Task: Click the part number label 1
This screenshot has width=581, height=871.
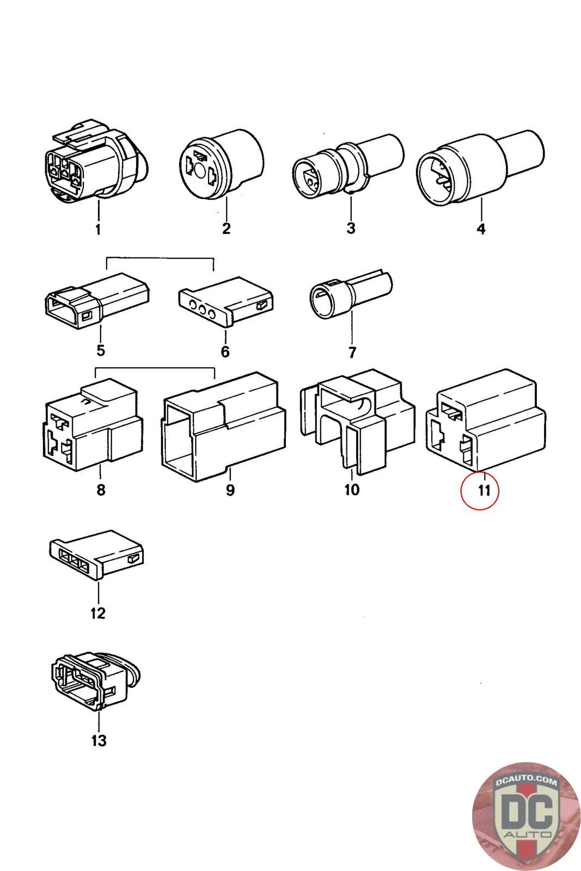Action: point(98,230)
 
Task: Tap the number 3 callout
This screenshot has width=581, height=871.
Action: point(351,228)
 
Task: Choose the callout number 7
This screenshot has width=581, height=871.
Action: point(352,352)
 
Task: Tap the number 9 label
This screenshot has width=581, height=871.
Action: point(230,490)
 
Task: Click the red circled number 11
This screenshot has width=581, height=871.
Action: point(480,489)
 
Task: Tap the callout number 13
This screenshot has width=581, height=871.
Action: point(99,740)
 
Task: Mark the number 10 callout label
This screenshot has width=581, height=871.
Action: point(352,489)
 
